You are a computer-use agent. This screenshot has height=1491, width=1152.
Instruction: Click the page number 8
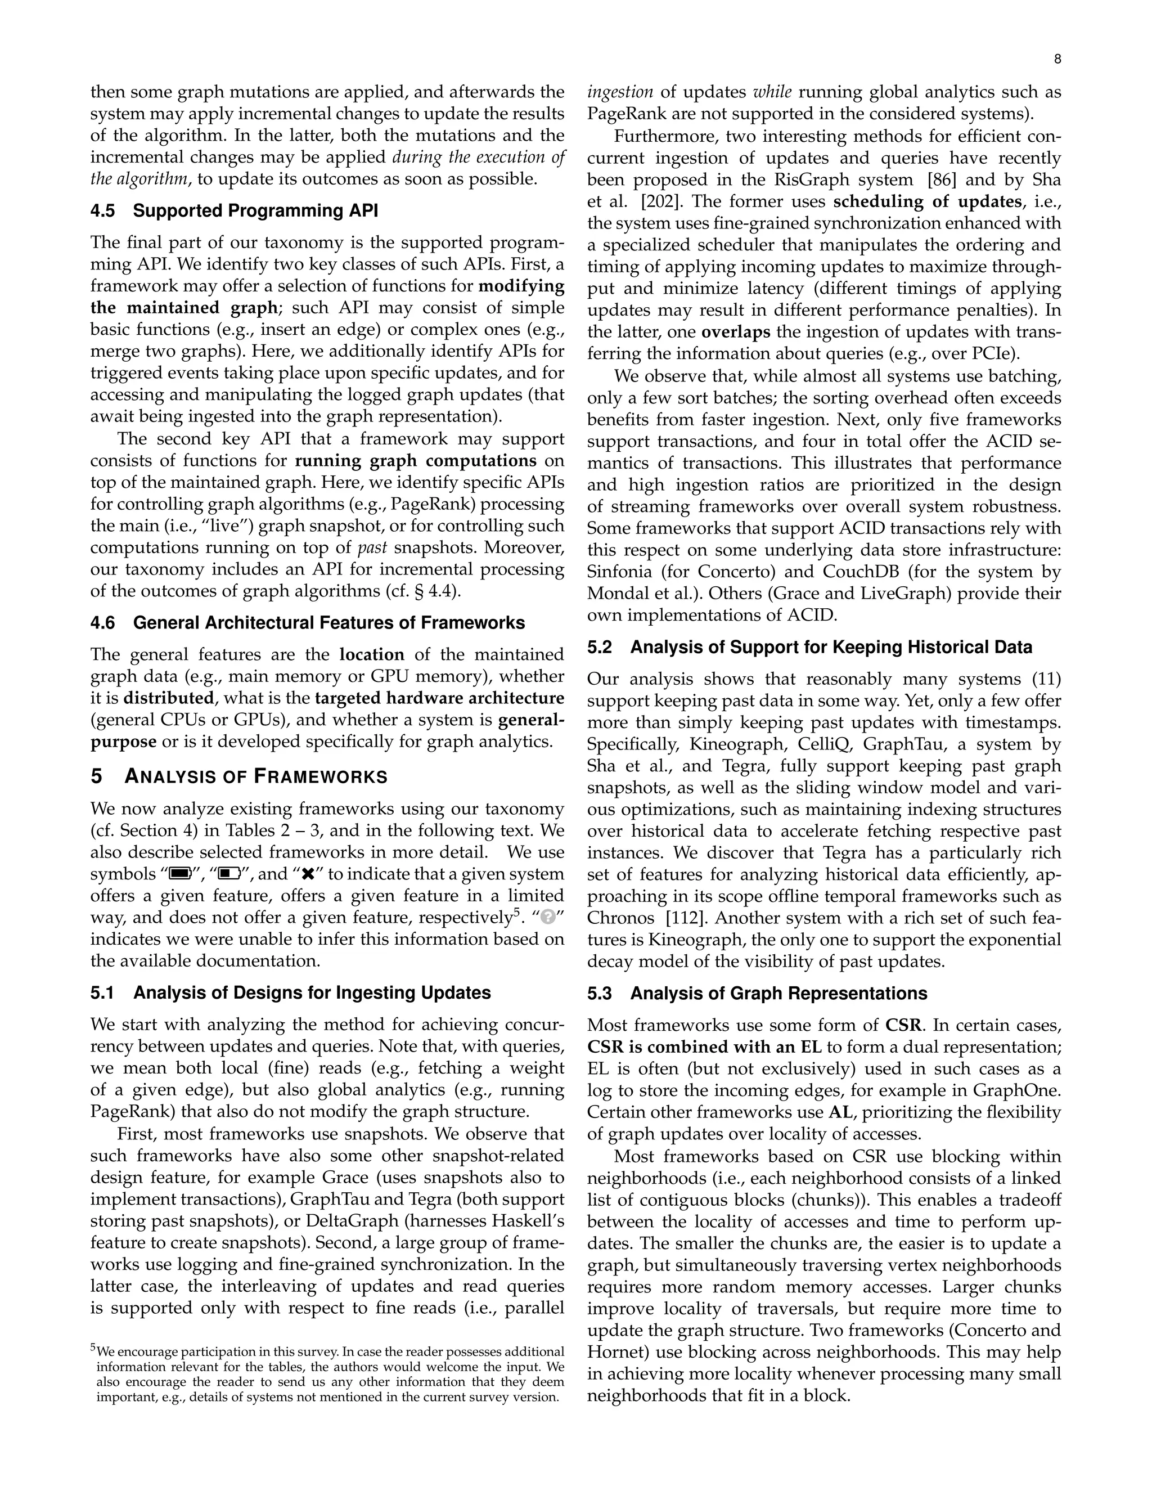pyautogui.click(x=1057, y=60)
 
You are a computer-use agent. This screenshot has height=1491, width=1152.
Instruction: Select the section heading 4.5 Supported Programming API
pyautogui.click(x=234, y=210)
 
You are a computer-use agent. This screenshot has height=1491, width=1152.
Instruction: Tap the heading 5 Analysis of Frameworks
pyautogui.click(x=239, y=777)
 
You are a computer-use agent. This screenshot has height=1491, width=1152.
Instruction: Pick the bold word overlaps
pyautogui.click(x=736, y=332)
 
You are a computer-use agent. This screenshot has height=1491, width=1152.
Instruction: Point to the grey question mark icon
pyautogui.click(x=547, y=918)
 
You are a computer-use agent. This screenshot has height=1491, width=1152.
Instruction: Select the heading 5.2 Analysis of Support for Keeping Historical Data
pyautogui.click(x=809, y=647)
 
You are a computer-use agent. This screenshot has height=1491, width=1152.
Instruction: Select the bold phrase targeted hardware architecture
pyautogui.click(x=439, y=698)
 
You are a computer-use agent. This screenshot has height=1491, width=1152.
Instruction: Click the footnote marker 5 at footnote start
pyautogui.click(x=93, y=1348)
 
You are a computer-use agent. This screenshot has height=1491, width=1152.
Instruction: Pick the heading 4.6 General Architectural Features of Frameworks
pyautogui.click(x=308, y=623)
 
